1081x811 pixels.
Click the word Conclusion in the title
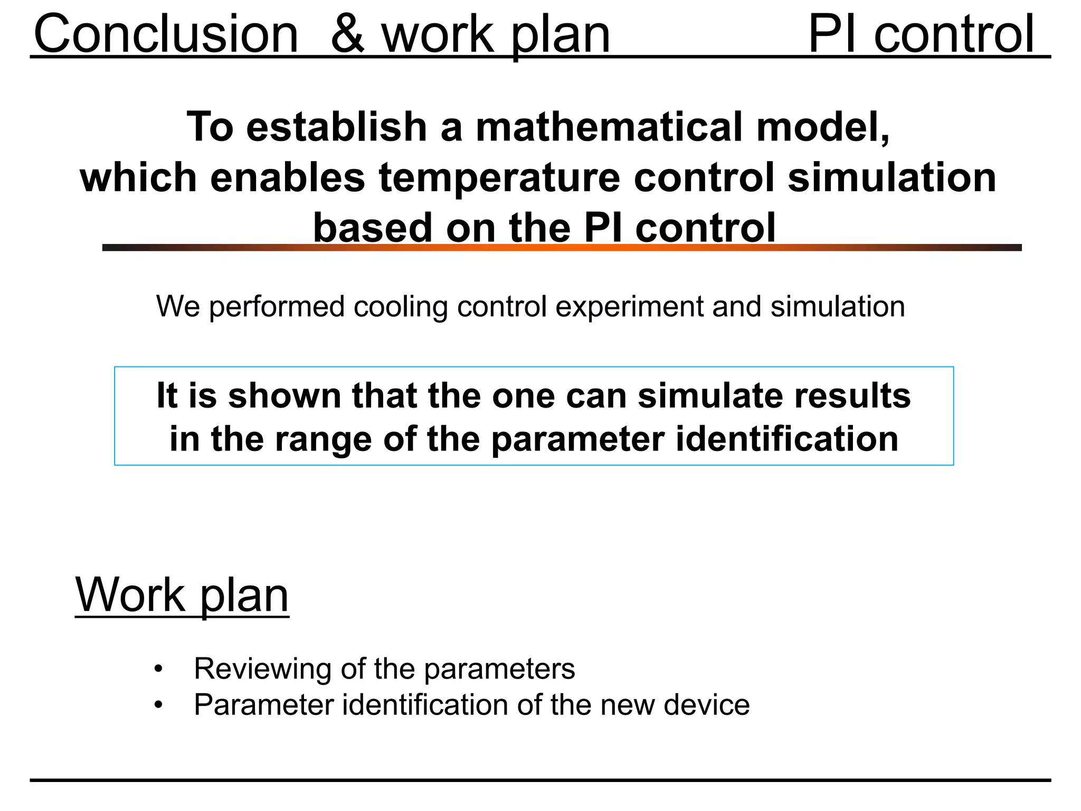coord(166,34)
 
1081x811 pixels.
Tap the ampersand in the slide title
coord(348,34)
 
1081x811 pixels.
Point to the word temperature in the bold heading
coord(499,177)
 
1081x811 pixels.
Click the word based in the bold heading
coord(373,228)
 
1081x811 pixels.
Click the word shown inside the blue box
coord(285,395)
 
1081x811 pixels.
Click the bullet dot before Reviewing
coord(158,669)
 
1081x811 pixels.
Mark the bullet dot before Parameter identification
coord(158,705)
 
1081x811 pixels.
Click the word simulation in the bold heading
coord(892,177)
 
